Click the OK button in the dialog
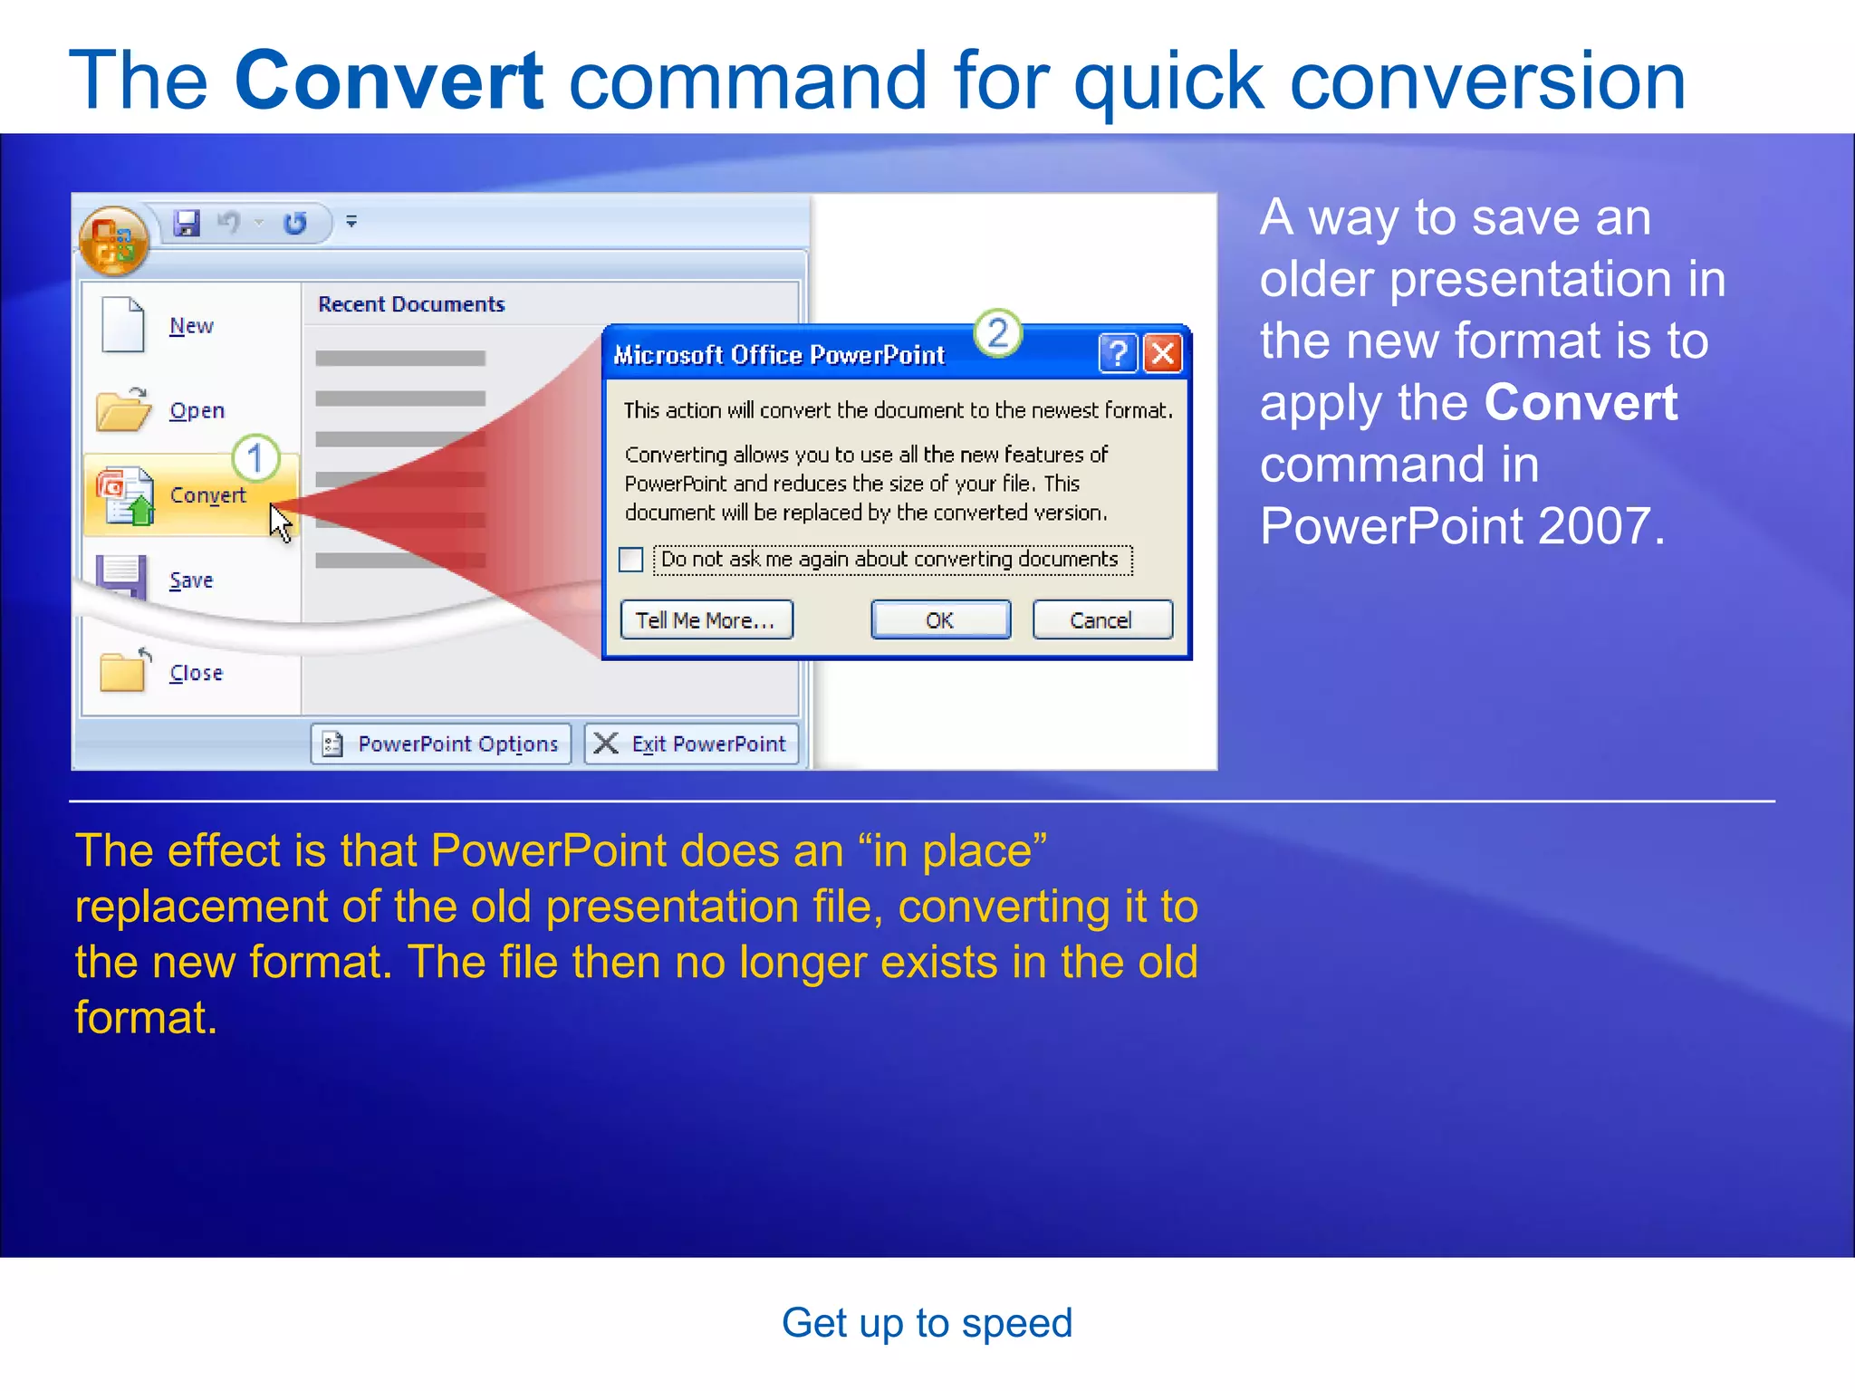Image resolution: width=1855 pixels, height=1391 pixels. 940,620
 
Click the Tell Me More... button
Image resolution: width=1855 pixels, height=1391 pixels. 706,620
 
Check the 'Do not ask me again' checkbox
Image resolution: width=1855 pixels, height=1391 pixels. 631,560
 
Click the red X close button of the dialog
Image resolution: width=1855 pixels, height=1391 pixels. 1163,354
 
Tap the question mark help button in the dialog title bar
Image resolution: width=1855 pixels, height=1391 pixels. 1118,354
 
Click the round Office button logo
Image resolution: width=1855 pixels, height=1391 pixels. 114,241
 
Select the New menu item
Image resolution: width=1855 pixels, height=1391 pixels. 191,326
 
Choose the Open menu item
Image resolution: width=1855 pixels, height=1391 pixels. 197,411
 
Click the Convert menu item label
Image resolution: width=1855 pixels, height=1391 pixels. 207,495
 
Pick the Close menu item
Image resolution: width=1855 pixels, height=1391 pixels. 196,673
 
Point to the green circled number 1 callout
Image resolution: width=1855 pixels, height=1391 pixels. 255,458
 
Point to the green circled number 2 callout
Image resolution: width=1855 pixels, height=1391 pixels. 997,333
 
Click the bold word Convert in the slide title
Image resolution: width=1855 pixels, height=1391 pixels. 389,82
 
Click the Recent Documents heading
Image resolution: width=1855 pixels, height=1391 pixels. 410,304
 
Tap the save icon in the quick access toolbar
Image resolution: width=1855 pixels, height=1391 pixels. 187,223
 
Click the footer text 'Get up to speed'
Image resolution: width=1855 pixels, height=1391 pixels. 927,1323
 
